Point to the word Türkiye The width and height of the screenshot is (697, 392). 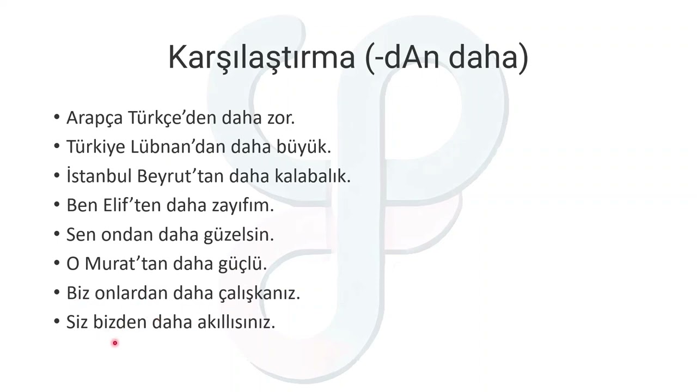click(96, 147)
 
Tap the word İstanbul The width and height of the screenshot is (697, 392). click(99, 176)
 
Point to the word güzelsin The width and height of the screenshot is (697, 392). click(239, 235)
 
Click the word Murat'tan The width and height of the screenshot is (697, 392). click(126, 264)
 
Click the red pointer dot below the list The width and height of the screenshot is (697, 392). click(115, 343)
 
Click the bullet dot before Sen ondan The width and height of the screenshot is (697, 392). click(57, 234)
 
